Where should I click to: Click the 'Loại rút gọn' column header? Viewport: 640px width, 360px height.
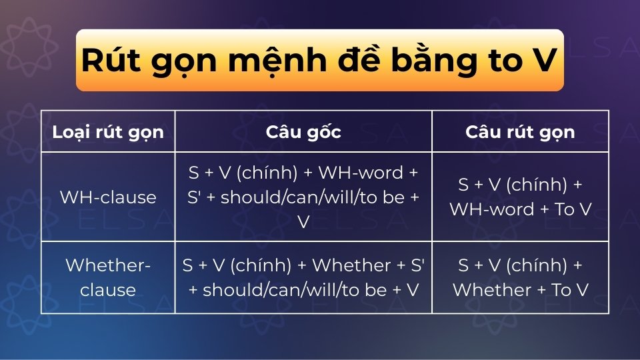tap(107, 131)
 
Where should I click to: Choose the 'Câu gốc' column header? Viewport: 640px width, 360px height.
tap(303, 131)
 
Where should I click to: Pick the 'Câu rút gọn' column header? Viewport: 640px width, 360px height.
tap(520, 131)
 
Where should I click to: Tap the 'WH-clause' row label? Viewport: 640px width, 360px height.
tap(107, 197)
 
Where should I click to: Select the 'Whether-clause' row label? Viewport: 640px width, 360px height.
tap(107, 277)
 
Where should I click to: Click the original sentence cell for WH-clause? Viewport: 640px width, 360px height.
tap(303, 197)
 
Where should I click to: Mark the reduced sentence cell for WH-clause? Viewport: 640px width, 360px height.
tap(520, 197)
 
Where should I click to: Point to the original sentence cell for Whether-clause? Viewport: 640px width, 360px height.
tap(303, 277)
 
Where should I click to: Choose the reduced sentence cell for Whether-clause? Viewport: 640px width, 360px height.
tap(520, 277)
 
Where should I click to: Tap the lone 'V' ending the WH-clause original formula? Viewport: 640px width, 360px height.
tap(303, 222)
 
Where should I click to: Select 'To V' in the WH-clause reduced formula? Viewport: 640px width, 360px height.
tap(573, 209)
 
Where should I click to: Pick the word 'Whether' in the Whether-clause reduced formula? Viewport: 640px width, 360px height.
tap(490, 290)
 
